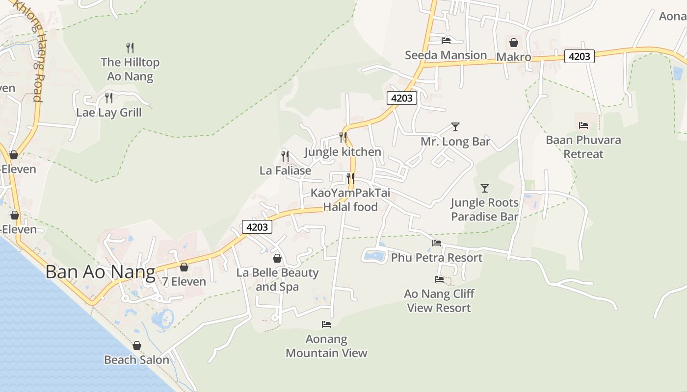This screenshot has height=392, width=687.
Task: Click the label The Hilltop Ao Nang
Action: [130, 69]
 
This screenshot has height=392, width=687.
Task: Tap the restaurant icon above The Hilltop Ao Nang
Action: [130, 48]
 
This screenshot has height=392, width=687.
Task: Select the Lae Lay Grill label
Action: [108, 112]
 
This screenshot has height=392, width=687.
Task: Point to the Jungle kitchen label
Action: [343, 151]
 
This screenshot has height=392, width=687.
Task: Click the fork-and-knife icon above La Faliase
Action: [285, 156]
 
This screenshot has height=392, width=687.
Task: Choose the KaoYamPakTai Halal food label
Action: [350, 200]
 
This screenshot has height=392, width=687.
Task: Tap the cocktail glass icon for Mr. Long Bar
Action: [455, 127]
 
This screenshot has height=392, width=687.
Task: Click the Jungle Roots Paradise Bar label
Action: [484, 209]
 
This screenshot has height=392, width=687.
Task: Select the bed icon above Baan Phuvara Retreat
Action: [583, 125]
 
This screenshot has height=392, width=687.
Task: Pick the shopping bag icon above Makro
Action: [514, 43]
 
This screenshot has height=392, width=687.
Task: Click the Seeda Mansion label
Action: [446, 55]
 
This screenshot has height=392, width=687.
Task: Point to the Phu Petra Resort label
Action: [437, 257]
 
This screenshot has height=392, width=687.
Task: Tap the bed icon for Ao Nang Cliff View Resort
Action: [439, 279]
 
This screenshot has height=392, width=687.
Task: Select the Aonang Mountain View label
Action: [326, 346]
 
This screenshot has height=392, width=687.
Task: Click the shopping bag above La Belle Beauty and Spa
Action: [277, 258]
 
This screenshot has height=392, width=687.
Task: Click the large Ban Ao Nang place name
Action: [100, 271]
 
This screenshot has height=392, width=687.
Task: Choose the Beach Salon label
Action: [136, 360]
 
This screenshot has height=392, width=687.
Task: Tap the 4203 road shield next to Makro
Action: [579, 56]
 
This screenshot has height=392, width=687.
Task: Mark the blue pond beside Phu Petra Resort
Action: [375, 255]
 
